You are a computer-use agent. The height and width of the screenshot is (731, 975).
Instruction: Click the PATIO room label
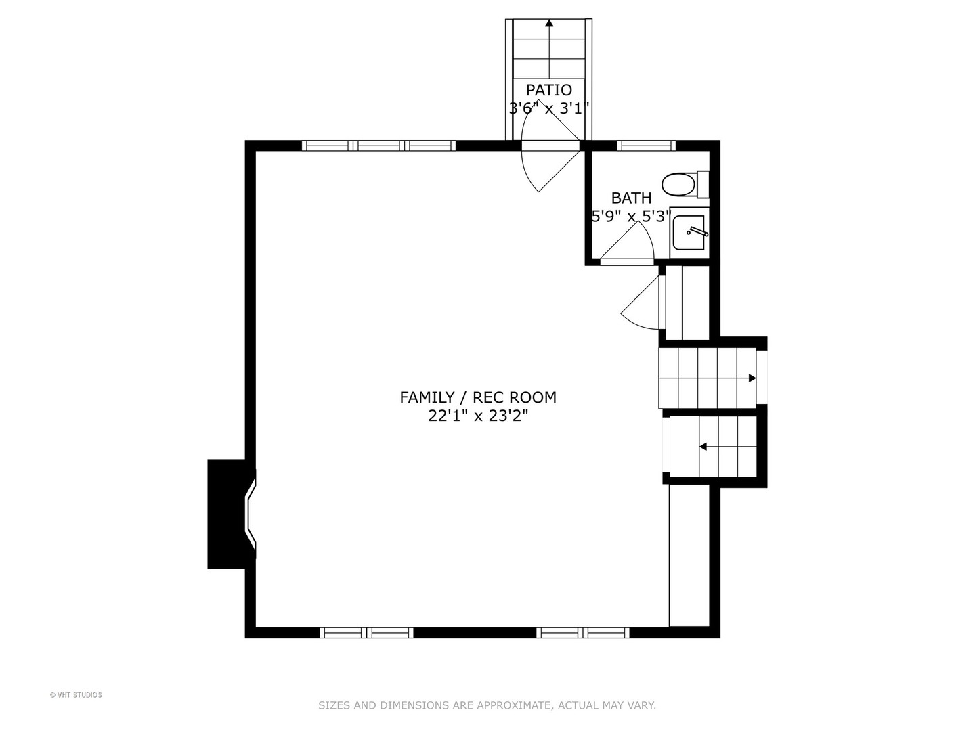click(548, 90)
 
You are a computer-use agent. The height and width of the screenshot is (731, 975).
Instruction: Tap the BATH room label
click(631, 198)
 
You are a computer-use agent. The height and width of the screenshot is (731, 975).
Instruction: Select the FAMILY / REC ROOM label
click(478, 397)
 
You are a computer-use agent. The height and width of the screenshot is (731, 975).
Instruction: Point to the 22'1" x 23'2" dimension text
click(478, 416)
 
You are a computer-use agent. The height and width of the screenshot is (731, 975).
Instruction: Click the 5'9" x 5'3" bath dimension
click(630, 217)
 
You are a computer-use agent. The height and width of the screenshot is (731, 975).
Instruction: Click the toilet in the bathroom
click(685, 185)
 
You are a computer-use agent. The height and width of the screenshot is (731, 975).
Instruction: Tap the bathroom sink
click(689, 233)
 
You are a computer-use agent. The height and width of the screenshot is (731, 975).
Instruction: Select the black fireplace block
click(227, 514)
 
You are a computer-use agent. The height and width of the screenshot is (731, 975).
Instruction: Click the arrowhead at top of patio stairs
click(550, 24)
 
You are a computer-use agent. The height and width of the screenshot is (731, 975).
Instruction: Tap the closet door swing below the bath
click(640, 303)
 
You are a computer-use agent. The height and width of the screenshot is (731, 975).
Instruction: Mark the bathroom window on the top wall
click(647, 146)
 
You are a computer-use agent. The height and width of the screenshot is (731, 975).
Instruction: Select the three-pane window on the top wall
click(379, 146)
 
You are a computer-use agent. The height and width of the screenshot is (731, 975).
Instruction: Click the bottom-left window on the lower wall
click(366, 633)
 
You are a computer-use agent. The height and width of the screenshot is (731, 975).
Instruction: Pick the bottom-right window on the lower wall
click(583, 633)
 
